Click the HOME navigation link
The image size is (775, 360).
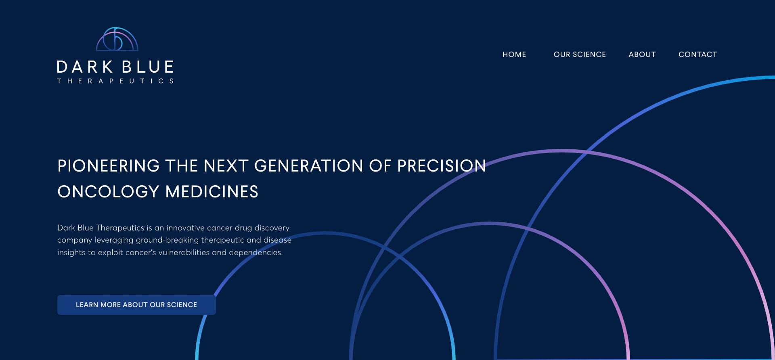(x=514, y=54)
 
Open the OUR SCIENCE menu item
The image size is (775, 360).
(x=580, y=54)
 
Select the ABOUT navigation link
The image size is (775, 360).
(x=642, y=54)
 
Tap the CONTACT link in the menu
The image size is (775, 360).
(x=697, y=54)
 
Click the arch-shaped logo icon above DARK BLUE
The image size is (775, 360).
(x=117, y=40)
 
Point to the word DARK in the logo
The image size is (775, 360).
(x=85, y=67)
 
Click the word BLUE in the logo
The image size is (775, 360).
(x=148, y=67)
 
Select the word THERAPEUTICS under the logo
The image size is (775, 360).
(x=115, y=81)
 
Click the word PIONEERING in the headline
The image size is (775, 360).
(x=109, y=166)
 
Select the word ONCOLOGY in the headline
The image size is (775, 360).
(x=108, y=192)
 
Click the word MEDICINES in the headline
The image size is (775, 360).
(x=212, y=192)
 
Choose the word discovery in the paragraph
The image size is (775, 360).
(x=272, y=228)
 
